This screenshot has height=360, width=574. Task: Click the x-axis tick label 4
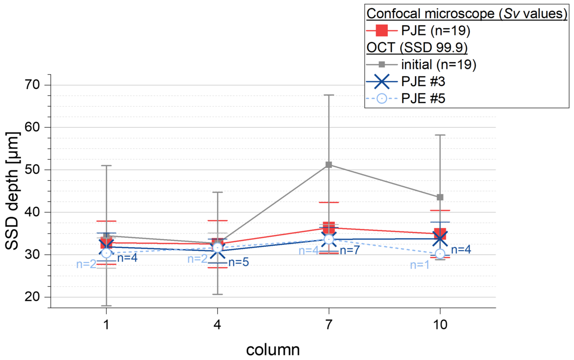point(218,325)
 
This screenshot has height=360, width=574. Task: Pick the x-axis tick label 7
point(329,325)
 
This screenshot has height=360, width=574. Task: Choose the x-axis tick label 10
point(441,325)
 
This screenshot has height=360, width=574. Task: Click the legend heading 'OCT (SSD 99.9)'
point(417,47)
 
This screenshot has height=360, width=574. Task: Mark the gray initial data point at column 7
point(329,165)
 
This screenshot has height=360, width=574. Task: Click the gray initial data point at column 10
point(440,197)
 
